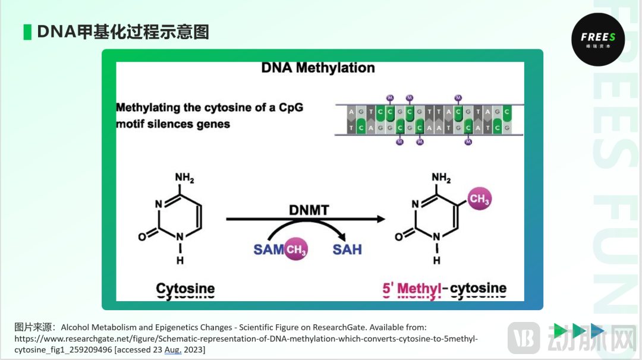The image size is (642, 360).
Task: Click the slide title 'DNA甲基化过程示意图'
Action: point(123,31)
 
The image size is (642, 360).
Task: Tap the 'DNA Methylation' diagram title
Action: point(318,68)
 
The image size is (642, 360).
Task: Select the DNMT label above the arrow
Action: point(309,210)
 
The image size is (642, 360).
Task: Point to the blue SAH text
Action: point(347,250)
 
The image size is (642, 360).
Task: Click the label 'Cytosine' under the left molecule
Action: point(185,289)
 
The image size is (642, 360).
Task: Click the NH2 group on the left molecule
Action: point(184,178)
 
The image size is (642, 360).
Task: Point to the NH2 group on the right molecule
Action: point(440,178)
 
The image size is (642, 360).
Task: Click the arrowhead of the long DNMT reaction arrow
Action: point(380,219)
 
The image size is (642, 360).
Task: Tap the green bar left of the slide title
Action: point(27,31)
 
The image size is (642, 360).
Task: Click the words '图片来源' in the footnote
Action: point(34,327)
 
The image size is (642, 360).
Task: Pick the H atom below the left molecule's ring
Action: point(180,260)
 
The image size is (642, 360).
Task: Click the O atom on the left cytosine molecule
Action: point(141,237)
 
